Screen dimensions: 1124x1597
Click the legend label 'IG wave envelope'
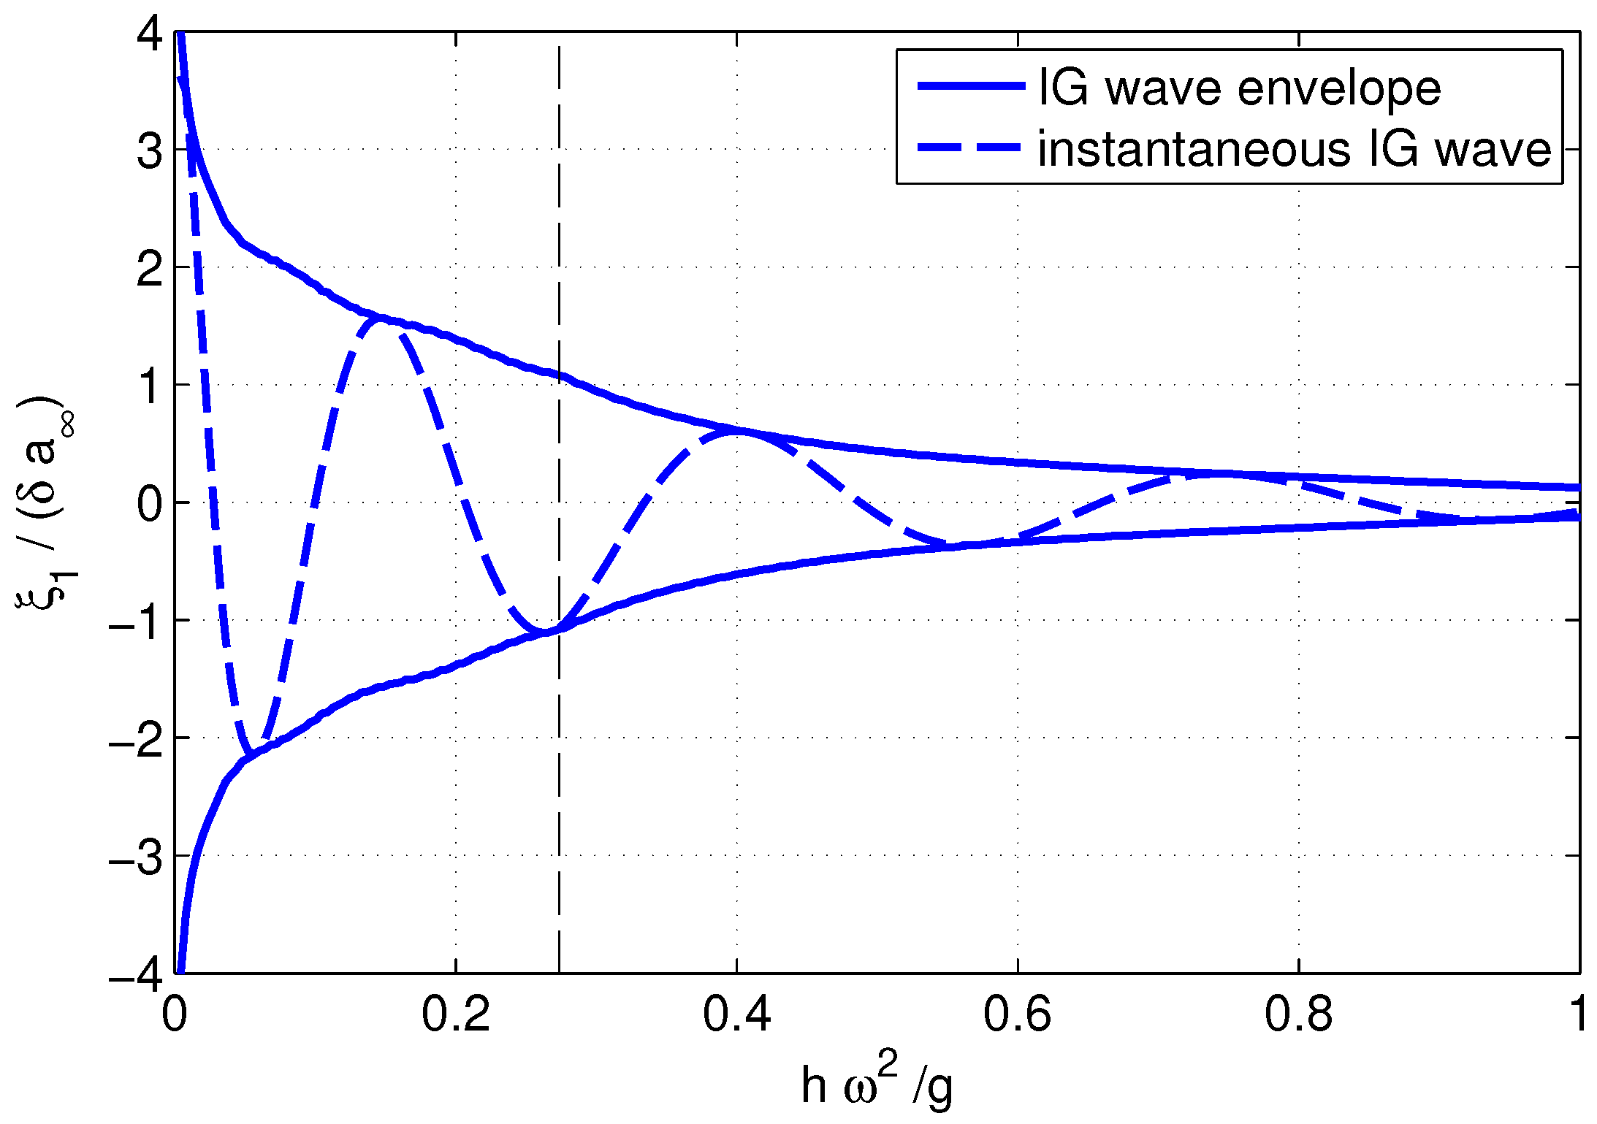pos(1239,89)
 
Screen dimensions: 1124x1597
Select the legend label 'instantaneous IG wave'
pos(1295,150)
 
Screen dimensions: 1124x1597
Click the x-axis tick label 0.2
pos(455,1016)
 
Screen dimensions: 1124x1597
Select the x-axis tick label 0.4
pos(736,1016)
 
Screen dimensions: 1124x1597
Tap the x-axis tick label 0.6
pos(1017,1016)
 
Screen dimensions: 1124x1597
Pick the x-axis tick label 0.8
pos(1298,1016)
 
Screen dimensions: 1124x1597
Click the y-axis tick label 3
pos(149,152)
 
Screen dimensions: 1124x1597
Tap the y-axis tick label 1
pos(149,387)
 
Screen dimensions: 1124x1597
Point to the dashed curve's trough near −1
pos(544,631)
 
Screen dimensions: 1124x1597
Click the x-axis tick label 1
pos(1578,1016)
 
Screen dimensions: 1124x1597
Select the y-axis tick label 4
pos(149,35)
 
